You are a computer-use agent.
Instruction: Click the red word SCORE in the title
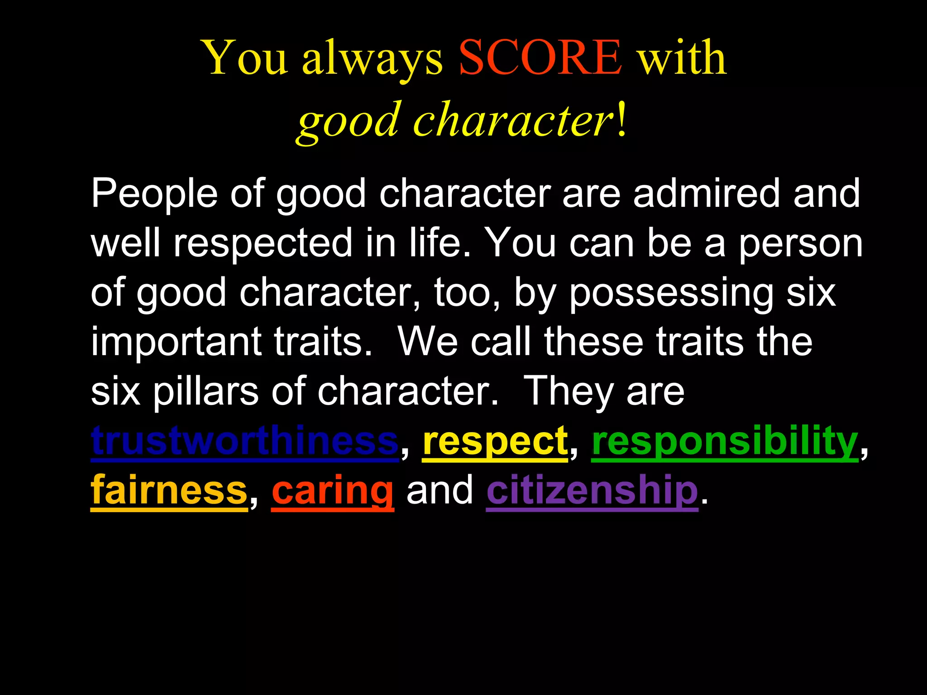pos(540,58)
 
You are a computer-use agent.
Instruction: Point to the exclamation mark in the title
pos(622,119)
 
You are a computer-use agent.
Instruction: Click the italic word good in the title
pos(349,121)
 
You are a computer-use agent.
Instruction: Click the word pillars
pos(205,392)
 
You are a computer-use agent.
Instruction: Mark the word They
pos(568,392)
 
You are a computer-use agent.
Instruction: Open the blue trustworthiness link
pos(244,441)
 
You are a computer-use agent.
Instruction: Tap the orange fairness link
pos(169,490)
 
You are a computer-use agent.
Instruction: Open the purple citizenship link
pos(592,491)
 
